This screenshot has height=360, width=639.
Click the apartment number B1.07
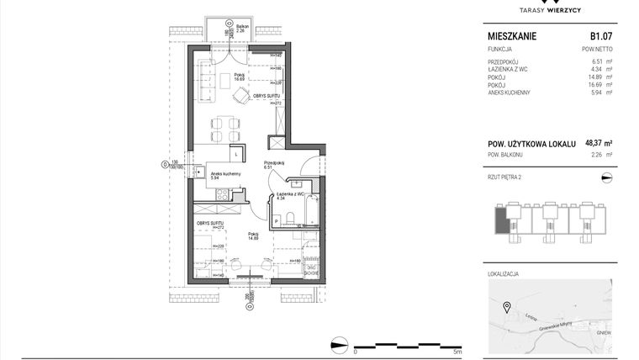pyautogui.click(x=600, y=37)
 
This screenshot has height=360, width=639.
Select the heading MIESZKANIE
pyautogui.click(x=512, y=37)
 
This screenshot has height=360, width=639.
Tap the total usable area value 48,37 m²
pyautogui.click(x=597, y=144)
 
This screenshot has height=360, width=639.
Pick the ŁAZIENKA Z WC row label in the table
pyautogui.click(x=510, y=70)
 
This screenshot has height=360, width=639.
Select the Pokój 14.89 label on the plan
pyautogui.click(x=253, y=236)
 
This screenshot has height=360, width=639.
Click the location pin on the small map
pyautogui.click(x=506, y=306)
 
